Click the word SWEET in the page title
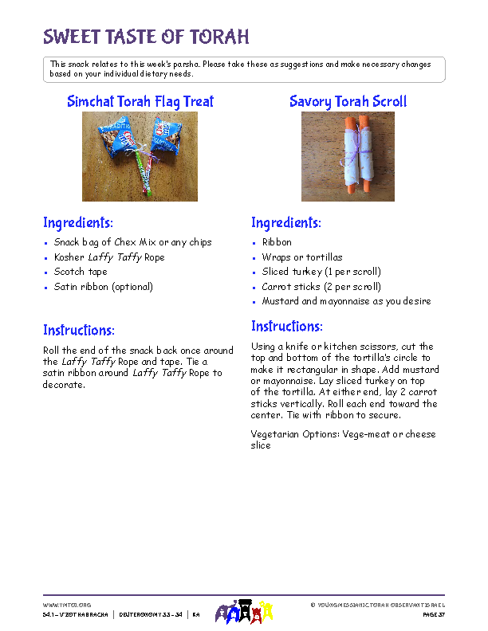(x=73, y=37)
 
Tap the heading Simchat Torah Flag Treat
(x=140, y=101)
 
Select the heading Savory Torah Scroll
(x=348, y=101)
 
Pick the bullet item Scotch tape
(x=80, y=272)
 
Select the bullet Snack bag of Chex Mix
(x=132, y=242)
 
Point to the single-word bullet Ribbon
(x=277, y=242)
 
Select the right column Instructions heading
(x=287, y=326)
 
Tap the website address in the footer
(x=66, y=606)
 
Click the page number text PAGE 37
(x=431, y=615)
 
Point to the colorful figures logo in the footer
(x=244, y=611)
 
